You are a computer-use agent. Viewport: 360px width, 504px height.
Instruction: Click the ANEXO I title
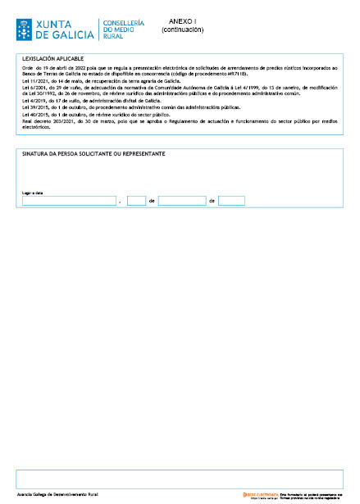pyautogui.click(x=182, y=20)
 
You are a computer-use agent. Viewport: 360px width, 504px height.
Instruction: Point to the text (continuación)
pyautogui.click(x=182, y=30)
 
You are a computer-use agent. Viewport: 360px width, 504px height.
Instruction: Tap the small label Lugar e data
pyautogui.click(x=32, y=193)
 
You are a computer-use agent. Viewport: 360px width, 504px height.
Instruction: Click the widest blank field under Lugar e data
pyautogui.click(x=69, y=201)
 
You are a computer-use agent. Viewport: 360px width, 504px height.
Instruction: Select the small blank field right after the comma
pyautogui.click(x=136, y=201)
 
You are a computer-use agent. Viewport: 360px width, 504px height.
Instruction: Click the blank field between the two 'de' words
pyautogui.click(x=182, y=201)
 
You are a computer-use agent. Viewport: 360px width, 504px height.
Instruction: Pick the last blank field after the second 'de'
pyautogui.click(x=231, y=201)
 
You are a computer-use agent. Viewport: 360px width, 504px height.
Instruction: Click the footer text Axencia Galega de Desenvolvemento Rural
pyautogui.click(x=57, y=496)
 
